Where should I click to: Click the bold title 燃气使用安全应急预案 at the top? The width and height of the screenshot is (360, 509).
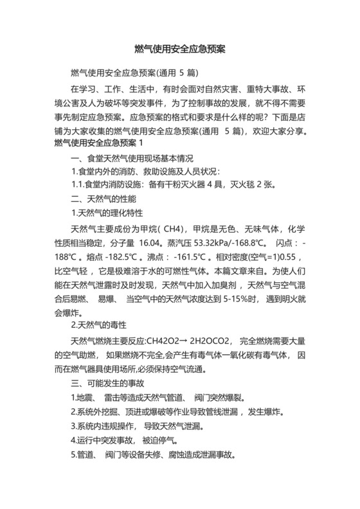179,49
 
